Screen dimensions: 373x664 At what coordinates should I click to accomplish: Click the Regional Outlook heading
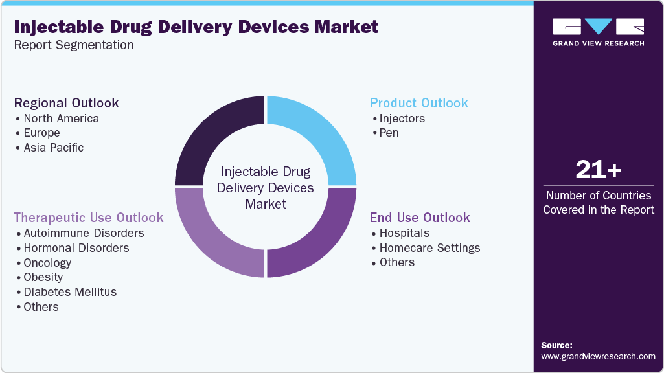click(67, 103)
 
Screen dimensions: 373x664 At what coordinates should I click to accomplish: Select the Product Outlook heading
click(418, 103)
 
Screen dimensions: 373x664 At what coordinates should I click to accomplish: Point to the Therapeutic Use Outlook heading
click(89, 218)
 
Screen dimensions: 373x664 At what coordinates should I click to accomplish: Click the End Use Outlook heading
click(420, 218)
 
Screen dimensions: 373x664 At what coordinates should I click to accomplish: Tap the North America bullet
click(61, 119)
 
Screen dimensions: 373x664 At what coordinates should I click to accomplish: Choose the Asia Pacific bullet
click(53, 148)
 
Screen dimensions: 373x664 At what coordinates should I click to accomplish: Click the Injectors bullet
click(402, 119)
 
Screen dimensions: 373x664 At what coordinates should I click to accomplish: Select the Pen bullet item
click(389, 133)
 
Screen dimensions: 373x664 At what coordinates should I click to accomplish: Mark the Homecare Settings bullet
click(429, 248)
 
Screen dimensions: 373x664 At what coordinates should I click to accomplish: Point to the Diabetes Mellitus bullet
click(70, 292)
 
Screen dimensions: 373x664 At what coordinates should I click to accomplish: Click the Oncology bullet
click(47, 263)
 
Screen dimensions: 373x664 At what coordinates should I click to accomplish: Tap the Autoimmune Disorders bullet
click(84, 233)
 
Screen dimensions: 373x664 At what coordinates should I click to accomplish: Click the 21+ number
click(598, 170)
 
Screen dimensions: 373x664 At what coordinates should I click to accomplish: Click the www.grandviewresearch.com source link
click(598, 356)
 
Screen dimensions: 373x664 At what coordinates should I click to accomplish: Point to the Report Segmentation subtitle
click(74, 45)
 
